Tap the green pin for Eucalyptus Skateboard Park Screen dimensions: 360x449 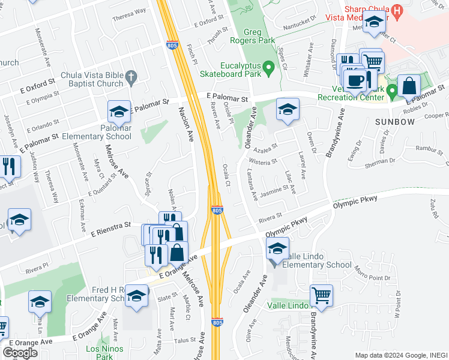tap(271, 70)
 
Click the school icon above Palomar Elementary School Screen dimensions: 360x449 tap(119, 110)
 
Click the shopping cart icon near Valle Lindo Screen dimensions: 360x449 tap(321, 295)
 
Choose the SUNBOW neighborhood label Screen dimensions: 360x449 tap(395, 122)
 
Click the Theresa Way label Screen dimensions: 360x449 tap(129, 11)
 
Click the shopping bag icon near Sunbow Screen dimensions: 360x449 tap(409, 86)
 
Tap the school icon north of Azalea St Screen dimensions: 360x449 tap(287, 109)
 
